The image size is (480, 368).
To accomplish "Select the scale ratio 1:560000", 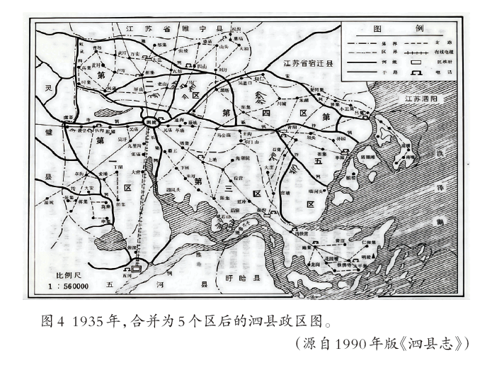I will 67,286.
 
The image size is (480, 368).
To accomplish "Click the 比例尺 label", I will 60,275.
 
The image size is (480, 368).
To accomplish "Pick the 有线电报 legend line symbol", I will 417,52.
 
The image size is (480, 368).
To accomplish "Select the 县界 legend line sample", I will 361,43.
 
